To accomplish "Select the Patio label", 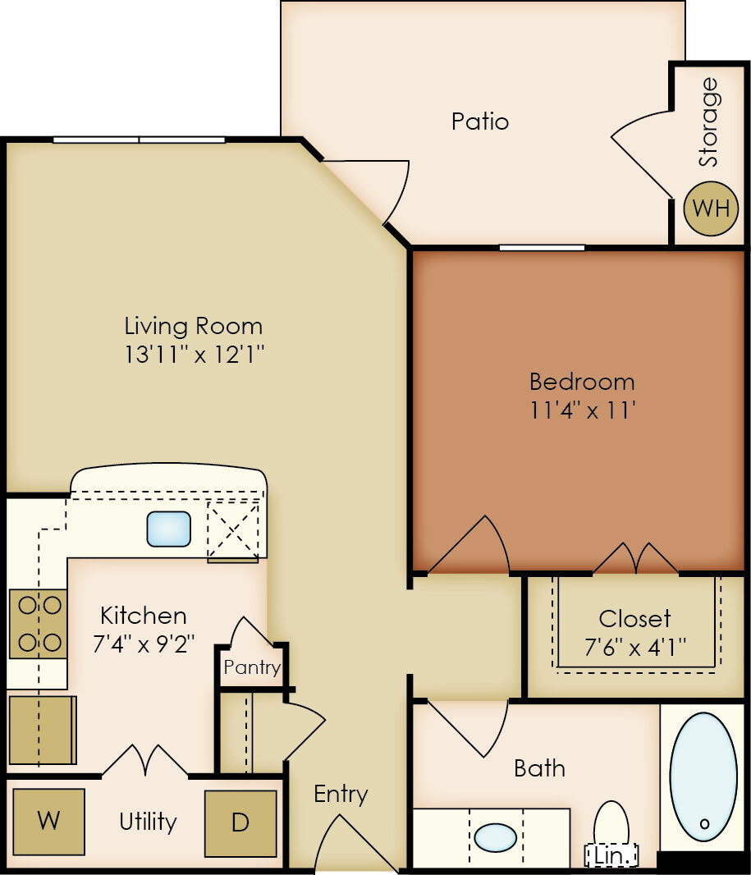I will pos(480,121).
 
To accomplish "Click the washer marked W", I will pos(49,821).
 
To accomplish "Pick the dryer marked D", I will pos(240,823).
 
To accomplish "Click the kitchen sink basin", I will pos(169,529).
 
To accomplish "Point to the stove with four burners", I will pos(39,624).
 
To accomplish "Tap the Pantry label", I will pos(252,667).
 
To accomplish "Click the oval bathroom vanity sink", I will pos(495,837).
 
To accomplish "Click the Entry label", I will pos(341,794).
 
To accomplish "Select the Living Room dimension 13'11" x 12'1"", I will pos(195,354).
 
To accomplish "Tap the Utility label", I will pos(148,821).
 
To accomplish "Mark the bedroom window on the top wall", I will pos(542,247).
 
